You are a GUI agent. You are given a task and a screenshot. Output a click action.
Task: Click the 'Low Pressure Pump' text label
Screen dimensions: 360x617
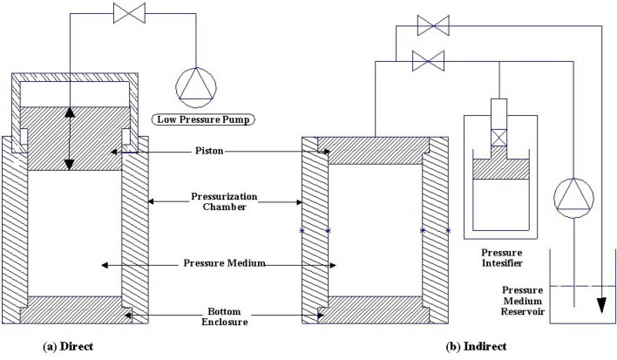coord(199,119)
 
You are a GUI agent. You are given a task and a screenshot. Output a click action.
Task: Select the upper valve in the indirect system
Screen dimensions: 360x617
coord(426,26)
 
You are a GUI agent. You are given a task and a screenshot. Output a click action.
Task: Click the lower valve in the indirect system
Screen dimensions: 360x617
coord(426,60)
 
